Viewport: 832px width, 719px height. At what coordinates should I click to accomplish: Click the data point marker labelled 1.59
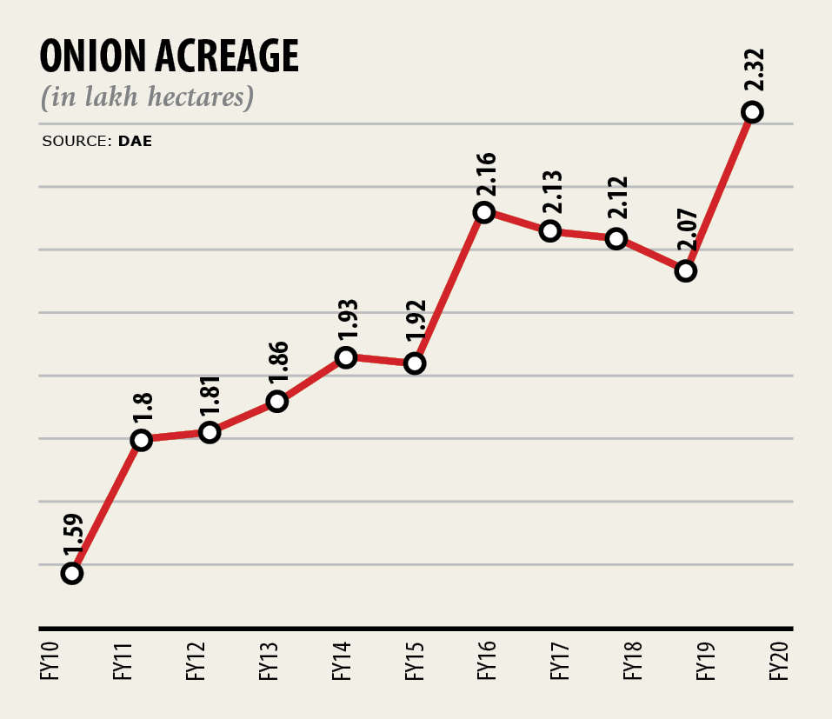pyautogui.click(x=72, y=573)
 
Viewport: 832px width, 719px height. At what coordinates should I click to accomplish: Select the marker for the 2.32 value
pyautogui.click(x=753, y=111)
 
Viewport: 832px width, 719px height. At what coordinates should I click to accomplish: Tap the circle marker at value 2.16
pyautogui.click(x=484, y=212)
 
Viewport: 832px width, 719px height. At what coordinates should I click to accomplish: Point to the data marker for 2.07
pyautogui.click(x=685, y=271)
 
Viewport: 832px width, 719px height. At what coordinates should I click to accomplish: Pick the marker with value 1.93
pyautogui.click(x=346, y=357)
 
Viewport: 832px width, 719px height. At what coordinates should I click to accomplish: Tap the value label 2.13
pyautogui.click(x=551, y=195)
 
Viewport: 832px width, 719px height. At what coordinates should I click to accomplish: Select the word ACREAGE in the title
pyautogui.click(x=227, y=57)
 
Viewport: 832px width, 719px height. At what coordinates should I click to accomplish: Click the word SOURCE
pyautogui.click(x=73, y=140)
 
